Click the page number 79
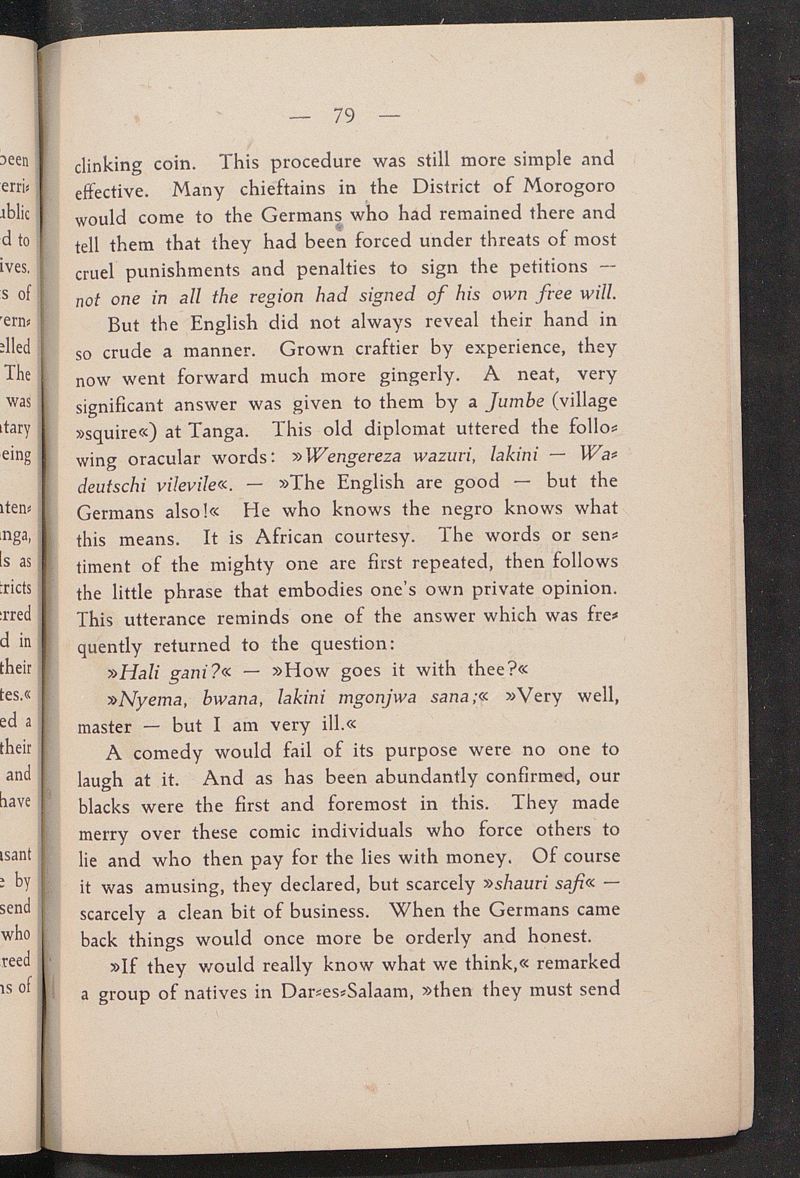coord(344,117)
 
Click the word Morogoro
coord(569,186)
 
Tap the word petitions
coord(548,266)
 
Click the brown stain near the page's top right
coord(640,79)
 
